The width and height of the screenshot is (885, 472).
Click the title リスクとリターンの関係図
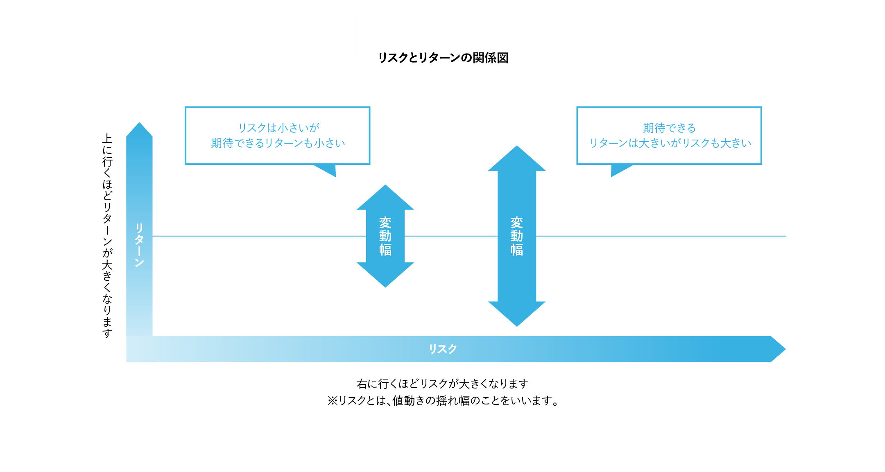coord(443,58)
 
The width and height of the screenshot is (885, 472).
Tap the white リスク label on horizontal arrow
coord(443,349)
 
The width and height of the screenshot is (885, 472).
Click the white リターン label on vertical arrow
coord(139,245)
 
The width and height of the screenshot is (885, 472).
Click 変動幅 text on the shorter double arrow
coord(385,236)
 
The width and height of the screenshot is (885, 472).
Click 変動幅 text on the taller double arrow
coord(517,236)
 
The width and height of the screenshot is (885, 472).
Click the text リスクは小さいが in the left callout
coord(278,128)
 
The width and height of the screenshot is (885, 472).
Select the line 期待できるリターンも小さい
coord(278,143)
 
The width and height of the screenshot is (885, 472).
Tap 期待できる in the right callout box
coord(669,128)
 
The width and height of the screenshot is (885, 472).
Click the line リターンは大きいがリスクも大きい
coord(670,143)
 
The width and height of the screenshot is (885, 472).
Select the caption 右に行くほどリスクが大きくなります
coord(443,384)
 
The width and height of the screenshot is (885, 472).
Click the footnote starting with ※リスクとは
coord(443,400)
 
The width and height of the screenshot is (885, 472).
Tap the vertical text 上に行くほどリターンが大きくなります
coord(107,236)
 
